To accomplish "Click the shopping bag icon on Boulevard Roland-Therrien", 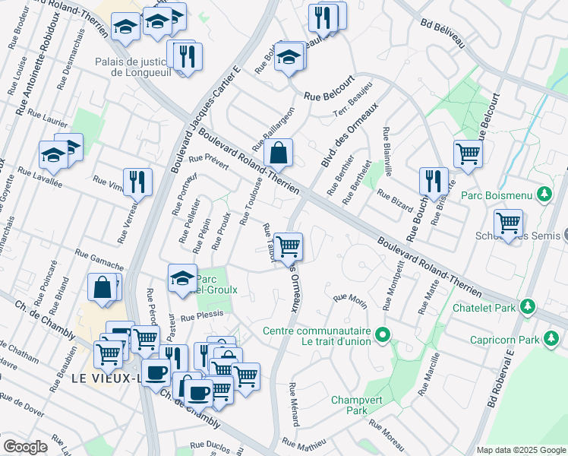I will (279, 153).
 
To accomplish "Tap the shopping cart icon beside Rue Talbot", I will (288, 246).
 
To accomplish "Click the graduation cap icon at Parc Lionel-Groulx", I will (182, 278).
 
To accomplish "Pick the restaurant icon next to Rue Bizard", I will (433, 181).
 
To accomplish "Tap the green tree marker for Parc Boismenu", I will (544, 195).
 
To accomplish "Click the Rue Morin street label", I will (350, 299).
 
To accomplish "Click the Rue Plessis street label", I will (201, 315).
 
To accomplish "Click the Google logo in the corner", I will (25, 447).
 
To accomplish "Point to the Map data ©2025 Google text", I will (520, 450).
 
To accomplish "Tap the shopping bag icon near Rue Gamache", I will (102, 288).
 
